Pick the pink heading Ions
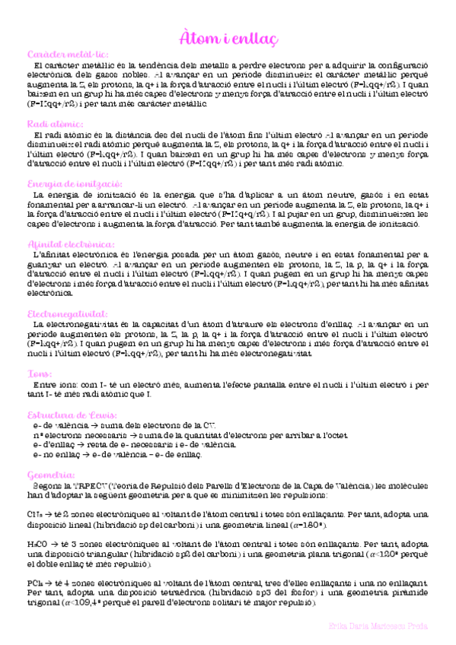pyautogui.click(x=39, y=374)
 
